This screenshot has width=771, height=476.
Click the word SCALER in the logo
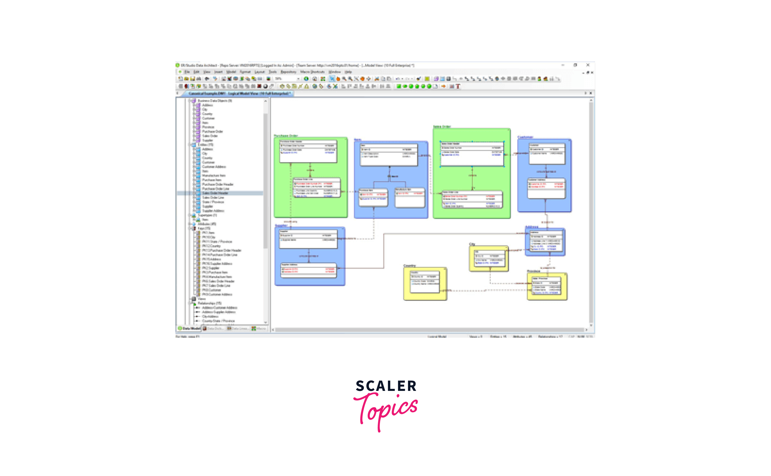click(386, 386)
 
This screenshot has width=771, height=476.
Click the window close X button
click(588, 65)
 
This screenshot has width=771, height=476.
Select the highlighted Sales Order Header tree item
click(215, 193)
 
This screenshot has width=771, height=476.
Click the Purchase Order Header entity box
click(308, 151)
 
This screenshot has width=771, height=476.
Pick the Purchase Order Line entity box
click(317, 188)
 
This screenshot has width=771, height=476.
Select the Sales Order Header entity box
click(472, 154)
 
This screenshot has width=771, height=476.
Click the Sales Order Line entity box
click(472, 199)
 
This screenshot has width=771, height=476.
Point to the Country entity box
click(425, 282)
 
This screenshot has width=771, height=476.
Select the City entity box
click(488, 258)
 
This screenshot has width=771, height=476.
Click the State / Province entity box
click(547, 286)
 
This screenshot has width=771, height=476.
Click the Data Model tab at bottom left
click(189, 329)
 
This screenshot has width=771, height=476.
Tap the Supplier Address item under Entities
click(213, 210)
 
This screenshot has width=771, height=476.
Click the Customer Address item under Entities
click(214, 167)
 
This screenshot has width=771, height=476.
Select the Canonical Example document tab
click(240, 93)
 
